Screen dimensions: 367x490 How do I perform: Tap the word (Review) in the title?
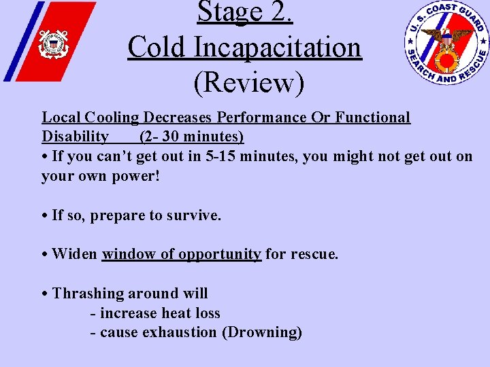coord(248,82)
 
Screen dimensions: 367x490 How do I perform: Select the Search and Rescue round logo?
coord(446,42)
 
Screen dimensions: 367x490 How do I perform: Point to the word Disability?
coord(75,137)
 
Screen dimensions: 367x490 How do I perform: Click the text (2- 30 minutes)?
coord(191,137)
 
